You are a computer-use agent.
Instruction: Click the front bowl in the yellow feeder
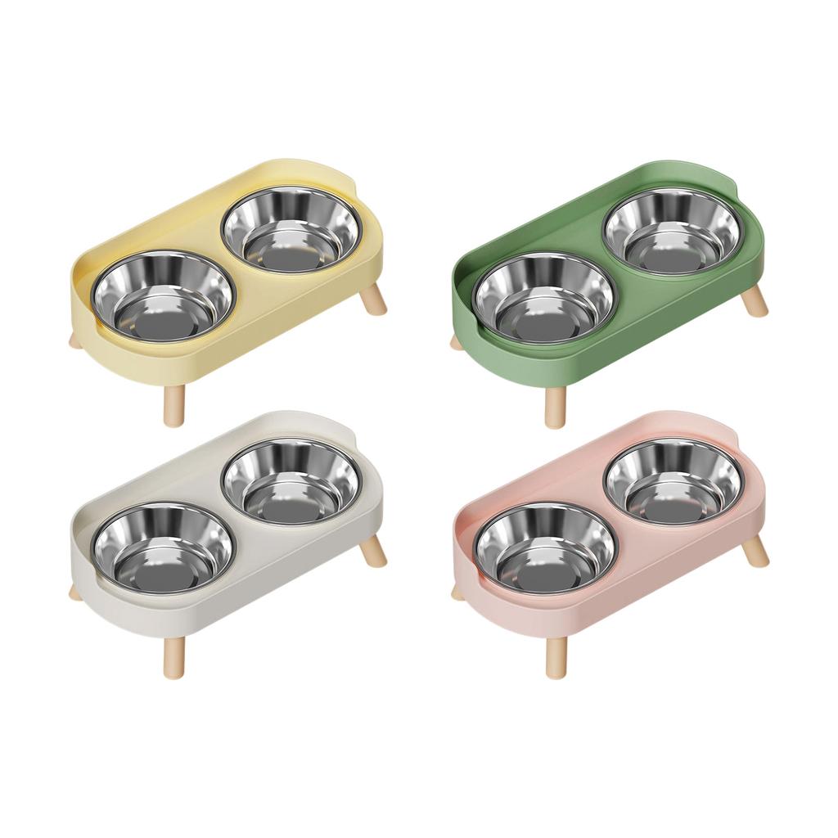(163, 296)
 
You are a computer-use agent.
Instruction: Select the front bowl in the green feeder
(544, 297)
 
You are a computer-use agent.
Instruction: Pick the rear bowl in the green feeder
(673, 231)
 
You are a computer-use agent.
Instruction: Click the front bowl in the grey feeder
(163, 547)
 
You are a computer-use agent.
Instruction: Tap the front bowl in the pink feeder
(544, 547)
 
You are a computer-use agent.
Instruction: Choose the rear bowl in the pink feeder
(673, 482)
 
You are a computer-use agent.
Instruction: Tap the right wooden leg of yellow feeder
(375, 300)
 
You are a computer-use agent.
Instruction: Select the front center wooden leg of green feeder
(556, 406)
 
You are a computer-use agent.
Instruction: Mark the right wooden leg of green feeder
(756, 301)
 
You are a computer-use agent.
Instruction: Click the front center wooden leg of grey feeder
(174, 656)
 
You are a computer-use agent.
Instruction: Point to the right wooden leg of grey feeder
(375, 552)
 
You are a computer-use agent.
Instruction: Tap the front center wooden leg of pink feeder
(556, 656)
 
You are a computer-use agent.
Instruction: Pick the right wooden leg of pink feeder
(756, 552)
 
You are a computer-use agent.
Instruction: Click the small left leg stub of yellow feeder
(75, 340)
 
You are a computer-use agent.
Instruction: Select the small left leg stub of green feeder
(457, 341)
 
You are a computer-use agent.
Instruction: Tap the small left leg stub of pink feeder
(457, 592)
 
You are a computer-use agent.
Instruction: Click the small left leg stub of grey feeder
(75, 592)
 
